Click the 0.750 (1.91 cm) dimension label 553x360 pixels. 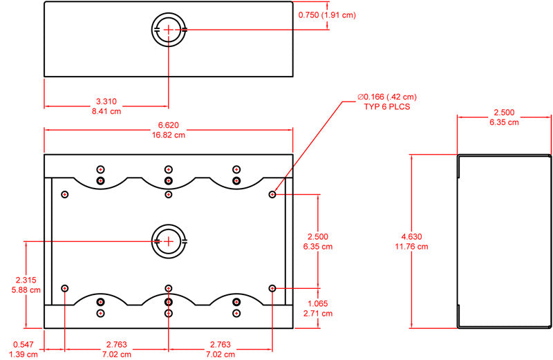(327, 15)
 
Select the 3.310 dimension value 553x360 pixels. (106, 102)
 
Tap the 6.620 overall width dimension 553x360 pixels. (169, 125)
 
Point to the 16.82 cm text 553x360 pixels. (169, 135)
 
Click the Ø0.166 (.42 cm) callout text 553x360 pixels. (387, 97)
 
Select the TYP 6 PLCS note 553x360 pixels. (387, 107)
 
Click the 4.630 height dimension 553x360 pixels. (411, 236)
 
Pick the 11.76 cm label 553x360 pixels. (411, 247)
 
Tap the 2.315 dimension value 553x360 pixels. (26, 280)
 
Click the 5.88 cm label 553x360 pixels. (26, 290)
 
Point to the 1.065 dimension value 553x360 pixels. (318, 303)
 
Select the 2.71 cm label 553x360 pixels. (318, 314)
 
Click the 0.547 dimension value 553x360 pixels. (24, 345)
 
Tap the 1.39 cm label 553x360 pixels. (24, 354)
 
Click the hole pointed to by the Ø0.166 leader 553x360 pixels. (272, 194)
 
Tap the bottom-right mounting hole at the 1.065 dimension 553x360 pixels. (272, 288)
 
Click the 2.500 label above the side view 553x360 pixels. (504, 113)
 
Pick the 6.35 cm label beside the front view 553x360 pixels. (318, 247)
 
